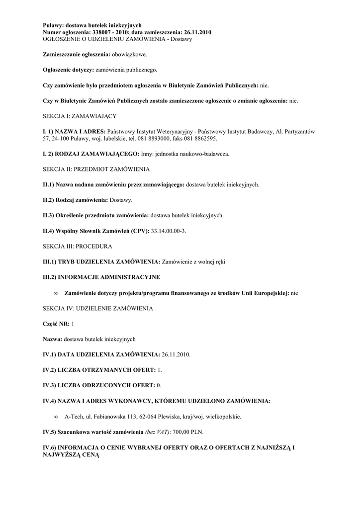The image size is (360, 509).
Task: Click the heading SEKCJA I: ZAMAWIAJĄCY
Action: coord(80,116)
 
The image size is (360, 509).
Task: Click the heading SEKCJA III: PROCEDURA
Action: coord(78,247)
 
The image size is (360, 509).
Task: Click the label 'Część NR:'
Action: coord(56,324)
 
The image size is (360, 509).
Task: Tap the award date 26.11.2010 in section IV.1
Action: coord(176,354)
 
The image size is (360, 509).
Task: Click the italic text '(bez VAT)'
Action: coord(158,431)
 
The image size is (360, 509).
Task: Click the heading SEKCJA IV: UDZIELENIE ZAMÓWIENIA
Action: coord(98,309)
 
